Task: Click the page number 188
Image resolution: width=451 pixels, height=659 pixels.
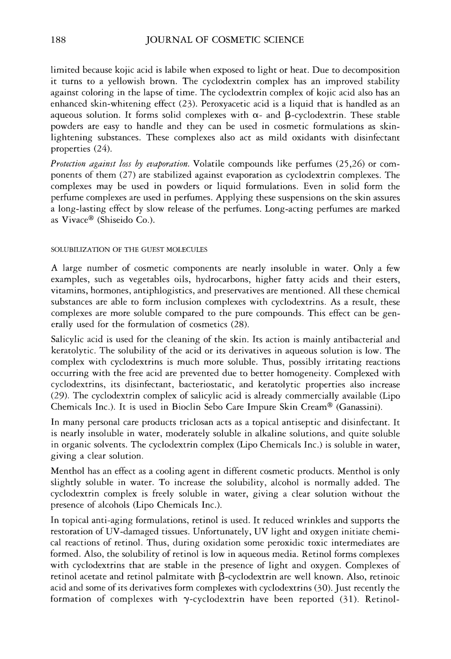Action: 58,40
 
